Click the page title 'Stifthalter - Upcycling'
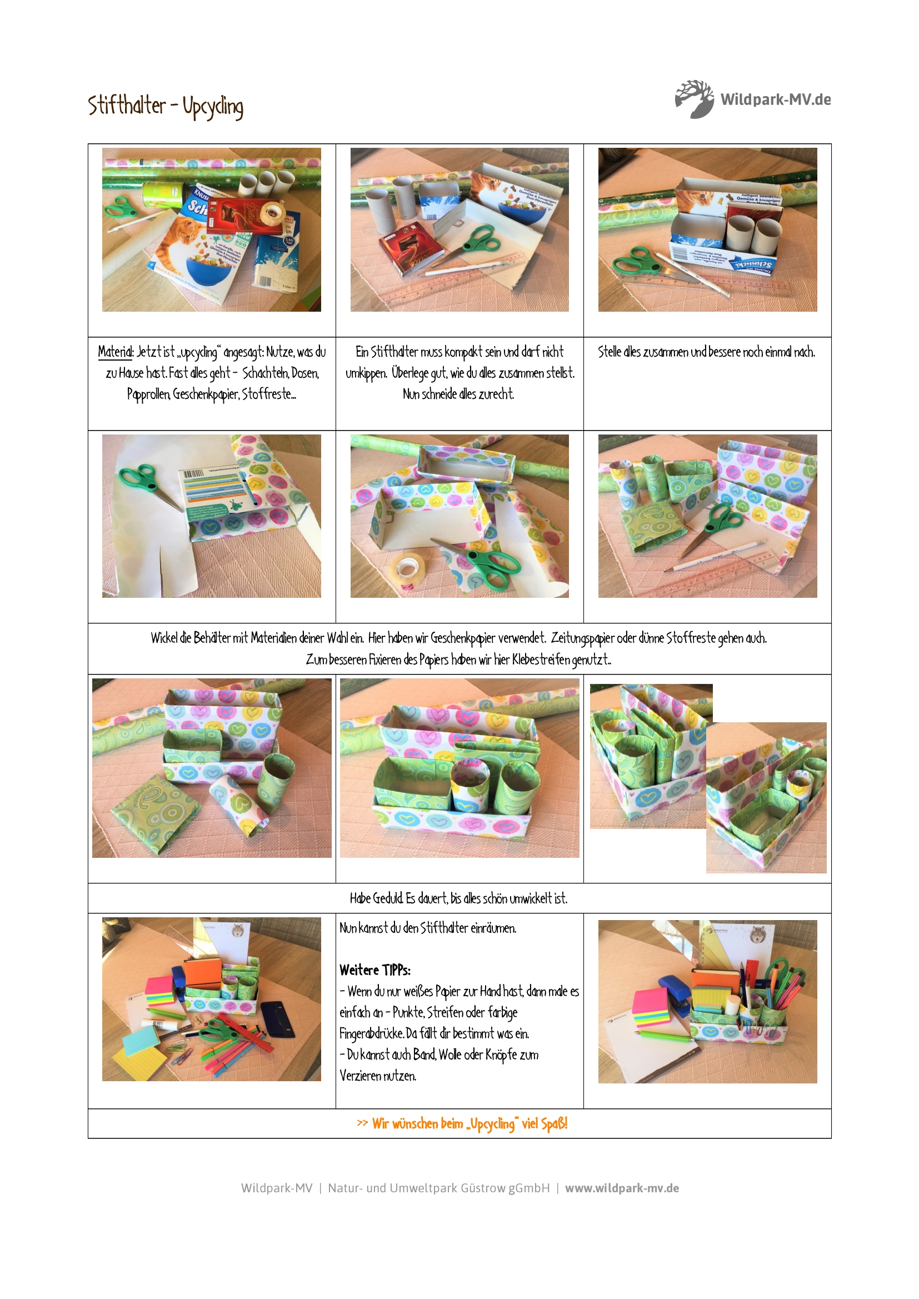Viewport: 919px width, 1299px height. (166, 107)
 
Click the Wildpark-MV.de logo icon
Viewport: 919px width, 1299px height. (695, 99)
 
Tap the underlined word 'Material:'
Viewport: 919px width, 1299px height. (116, 352)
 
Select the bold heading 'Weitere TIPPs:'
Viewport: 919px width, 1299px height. (374, 970)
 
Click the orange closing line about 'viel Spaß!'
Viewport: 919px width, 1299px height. (462, 1123)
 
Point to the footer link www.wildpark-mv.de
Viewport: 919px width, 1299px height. (622, 1188)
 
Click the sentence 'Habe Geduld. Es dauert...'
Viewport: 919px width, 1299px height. (458, 898)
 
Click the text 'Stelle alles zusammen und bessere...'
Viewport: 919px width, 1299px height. (707, 352)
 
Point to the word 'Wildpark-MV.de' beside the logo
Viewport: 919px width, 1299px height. (776, 99)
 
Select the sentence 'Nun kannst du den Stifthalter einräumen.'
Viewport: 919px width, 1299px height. (428, 928)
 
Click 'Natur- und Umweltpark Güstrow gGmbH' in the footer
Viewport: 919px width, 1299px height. (438, 1188)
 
